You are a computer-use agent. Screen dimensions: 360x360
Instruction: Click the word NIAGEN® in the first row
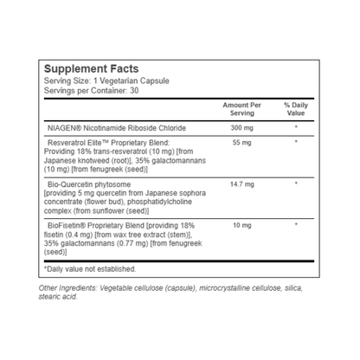coord(67,129)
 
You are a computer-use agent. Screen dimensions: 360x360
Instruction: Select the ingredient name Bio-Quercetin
coord(74,184)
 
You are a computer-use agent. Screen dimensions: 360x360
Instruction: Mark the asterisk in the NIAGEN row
coord(295,129)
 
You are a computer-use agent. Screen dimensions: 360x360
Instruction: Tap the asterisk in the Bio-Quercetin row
coord(295,184)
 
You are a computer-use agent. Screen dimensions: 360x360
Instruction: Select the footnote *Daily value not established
coord(89,268)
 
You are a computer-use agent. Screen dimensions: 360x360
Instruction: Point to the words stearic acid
coord(61,298)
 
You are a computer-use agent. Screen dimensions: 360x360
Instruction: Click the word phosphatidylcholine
coord(155,200)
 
